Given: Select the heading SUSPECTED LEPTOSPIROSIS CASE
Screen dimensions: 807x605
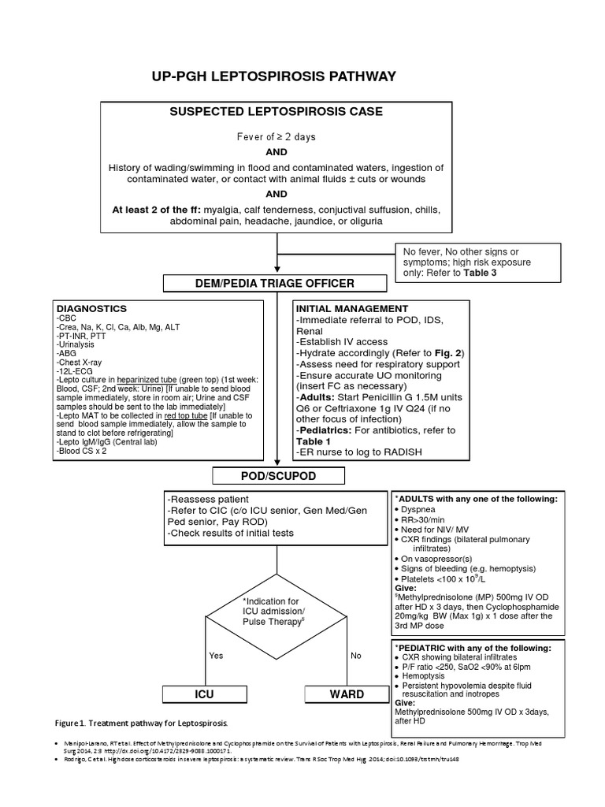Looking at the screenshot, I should tap(277, 111).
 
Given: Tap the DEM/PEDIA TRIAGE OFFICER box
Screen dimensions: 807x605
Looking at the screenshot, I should tap(275, 283).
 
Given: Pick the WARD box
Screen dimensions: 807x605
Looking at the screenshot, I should tap(346, 694).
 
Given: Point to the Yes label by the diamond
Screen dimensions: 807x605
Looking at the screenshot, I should tap(216, 655).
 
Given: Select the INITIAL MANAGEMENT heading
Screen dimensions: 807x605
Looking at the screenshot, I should tap(351, 308).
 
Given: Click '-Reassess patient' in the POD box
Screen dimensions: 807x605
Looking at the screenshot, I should tap(208, 500).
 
